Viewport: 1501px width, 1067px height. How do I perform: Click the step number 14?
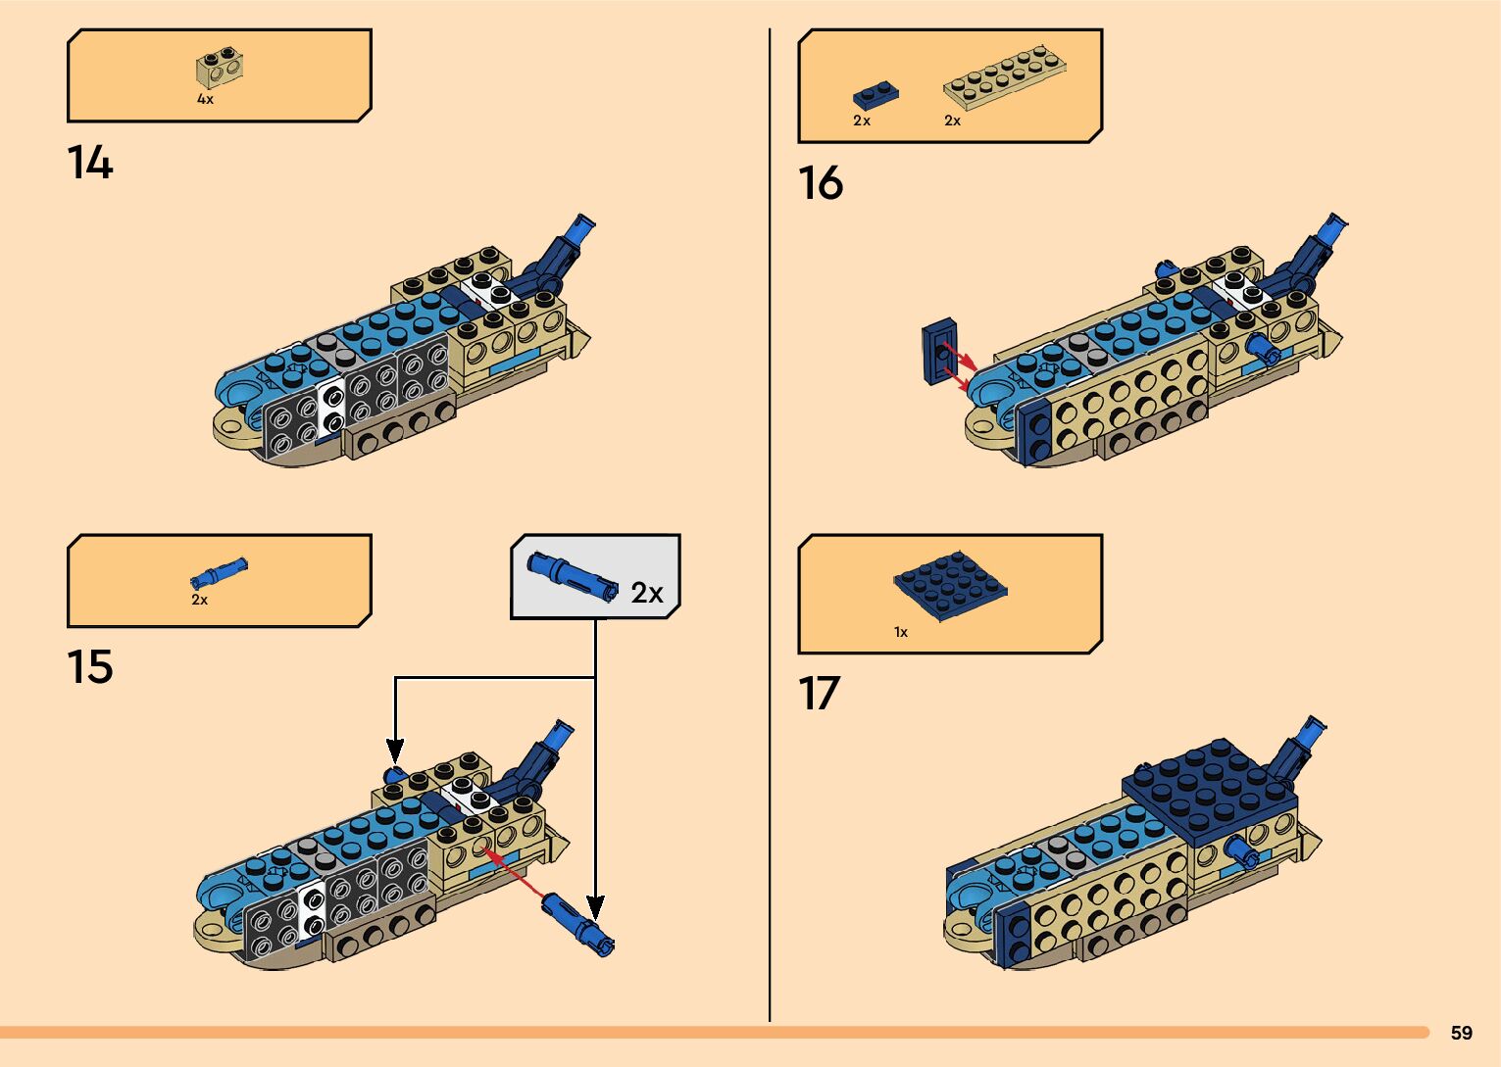[x=90, y=163]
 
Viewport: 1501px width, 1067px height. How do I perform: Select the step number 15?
[x=90, y=667]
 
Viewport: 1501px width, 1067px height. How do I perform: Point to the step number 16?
[x=821, y=183]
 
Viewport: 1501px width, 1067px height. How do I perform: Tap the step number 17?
[x=820, y=694]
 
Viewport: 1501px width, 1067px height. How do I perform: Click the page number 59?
[x=1461, y=1033]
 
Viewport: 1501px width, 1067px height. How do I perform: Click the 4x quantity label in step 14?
[x=205, y=99]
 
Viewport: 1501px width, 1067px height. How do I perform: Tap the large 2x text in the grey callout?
[x=647, y=593]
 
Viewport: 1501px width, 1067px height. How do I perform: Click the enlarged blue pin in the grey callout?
[x=572, y=577]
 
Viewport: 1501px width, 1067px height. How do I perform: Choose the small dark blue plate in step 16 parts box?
[x=876, y=95]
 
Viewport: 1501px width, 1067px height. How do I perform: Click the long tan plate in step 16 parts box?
[x=1004, y=73]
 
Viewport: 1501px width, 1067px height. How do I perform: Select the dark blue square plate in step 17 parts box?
[x=951, y=586]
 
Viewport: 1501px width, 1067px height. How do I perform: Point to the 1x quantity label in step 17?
[x=901, y=632]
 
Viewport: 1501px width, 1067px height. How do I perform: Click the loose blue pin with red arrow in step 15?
[x=578, y=922]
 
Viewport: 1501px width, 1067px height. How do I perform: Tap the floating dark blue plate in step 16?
[x=939, y=351]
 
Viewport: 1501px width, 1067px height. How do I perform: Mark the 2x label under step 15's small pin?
[x=199, y=600]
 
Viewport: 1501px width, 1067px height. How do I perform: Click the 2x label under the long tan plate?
[x=952, y=121]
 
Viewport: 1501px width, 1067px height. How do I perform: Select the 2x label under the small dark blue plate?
[x=862, y=121]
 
